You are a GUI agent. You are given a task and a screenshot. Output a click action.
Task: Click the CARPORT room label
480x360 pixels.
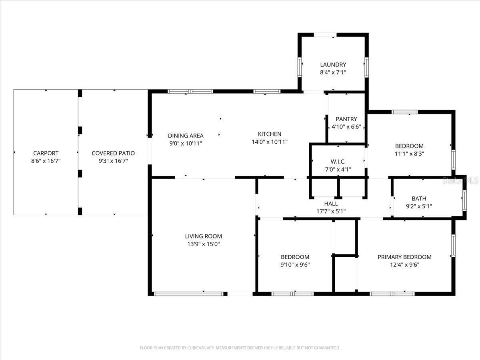pyautogui.click(x=46, y=153)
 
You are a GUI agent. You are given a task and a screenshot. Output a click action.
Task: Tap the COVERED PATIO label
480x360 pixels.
pyautogui.click(x=113, y=153)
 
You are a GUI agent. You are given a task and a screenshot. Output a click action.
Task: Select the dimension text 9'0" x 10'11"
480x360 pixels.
pyautogui.click(x=185, y=143)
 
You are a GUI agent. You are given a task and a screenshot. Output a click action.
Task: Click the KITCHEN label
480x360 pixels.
pyautogui.click(x=269, y=134)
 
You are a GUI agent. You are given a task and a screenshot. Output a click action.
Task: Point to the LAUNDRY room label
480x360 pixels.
pyautogui.click(x=333, y=64)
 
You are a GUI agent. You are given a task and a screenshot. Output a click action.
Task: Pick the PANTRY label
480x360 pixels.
pyautogui.click(x=346, y=119)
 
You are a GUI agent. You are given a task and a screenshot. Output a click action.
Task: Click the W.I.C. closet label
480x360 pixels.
pyautogui.click(x=338, y=162)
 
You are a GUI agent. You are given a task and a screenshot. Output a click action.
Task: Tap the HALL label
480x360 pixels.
pyautogui.click(x=331, y=204)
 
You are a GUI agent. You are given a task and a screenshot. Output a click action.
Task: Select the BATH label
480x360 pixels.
pyautogui.click(x=419, y=198)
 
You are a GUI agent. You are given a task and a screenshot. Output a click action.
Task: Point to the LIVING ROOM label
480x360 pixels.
pyautogui.click(x=203, y=236)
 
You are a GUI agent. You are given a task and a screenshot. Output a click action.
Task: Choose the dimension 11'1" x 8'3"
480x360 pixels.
pyautogui.click(x=409, y=154)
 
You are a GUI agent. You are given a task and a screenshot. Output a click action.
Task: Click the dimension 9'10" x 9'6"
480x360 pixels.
pyautogui.click(x=295, y=264)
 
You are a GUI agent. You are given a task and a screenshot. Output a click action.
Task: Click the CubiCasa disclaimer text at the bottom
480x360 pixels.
pyautogui.click(x=240, y=348)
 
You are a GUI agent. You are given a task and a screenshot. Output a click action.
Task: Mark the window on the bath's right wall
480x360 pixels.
pyautogui.click(x=464, y=200)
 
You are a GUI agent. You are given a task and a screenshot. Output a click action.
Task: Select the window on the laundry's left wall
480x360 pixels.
pyautogui.click(x=299, y=67)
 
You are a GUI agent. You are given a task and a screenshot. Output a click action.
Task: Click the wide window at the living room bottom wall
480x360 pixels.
pyautogui.click(x=188, y=294)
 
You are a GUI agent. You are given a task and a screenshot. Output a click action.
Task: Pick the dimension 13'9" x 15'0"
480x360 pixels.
pyautogui.click(x=203, y=244)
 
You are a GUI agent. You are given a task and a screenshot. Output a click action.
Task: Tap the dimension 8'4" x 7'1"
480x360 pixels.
pyautogui.click(x=333, y=72)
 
